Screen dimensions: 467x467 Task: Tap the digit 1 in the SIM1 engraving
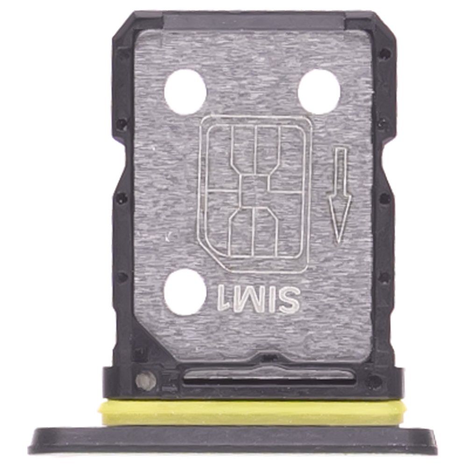click(x=222, y=297)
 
